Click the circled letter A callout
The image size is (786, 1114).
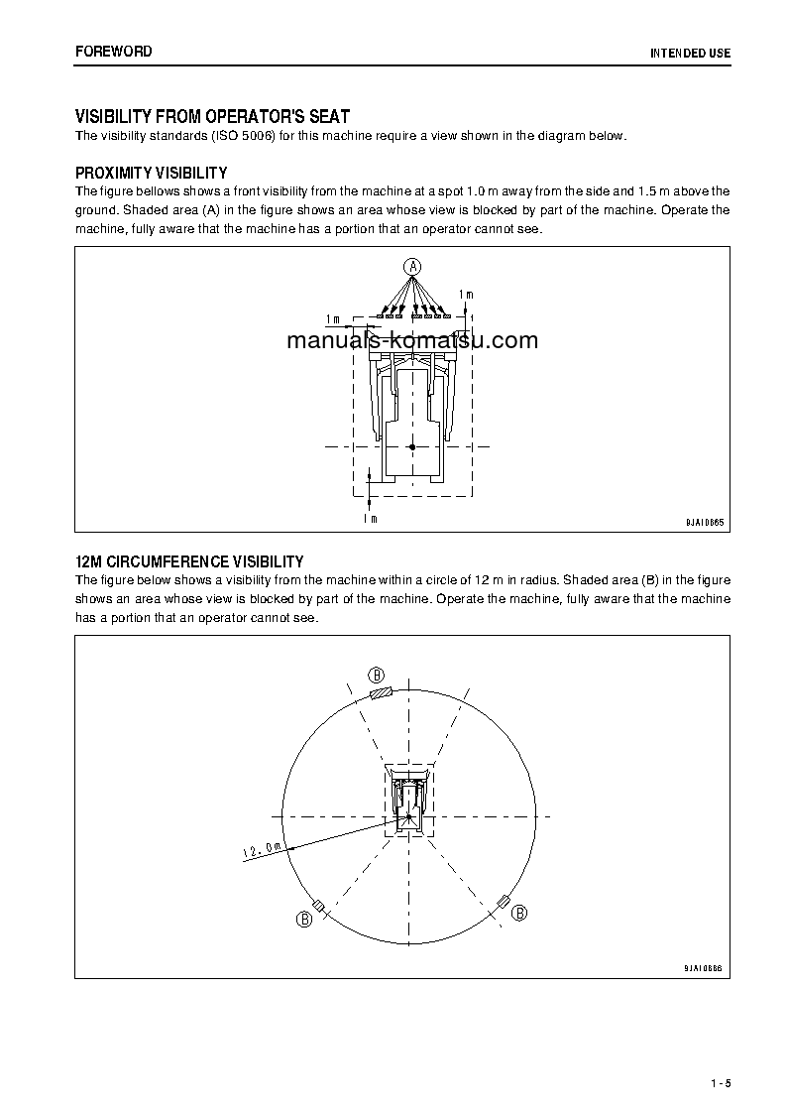click(x=412, y=265)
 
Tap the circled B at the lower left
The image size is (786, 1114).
click(x=304, y=920)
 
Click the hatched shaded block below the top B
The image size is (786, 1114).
click(x=382, y=692)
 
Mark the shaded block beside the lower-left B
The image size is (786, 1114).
click(x=319, y=905)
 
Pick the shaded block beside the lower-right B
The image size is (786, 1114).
click(x=504, y=901)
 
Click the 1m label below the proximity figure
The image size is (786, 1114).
click(x=370, y=518)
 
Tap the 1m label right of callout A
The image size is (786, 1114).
click(x=466, y=295)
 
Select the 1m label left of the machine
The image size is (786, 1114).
click(x=332, y=319)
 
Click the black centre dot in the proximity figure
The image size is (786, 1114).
click(x=412, y=447)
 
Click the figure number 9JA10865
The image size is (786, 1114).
click(x=704, y=522)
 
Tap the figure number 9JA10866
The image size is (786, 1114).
click(x=704, y=968)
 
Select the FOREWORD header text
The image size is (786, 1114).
click(x=114, y=51)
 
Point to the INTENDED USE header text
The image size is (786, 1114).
click(x=690, y=52)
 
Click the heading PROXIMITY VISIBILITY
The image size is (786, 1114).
click(x=152, y=173)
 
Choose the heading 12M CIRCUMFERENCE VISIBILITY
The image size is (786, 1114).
click(x=189, y=561)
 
